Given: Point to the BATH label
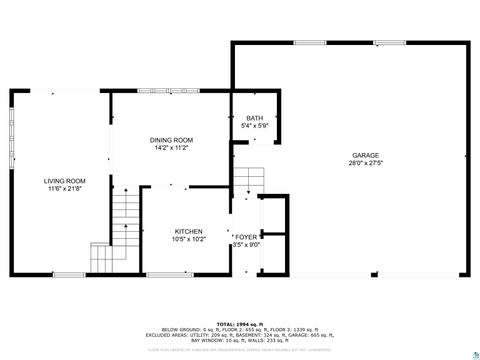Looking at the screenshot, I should [255, 118].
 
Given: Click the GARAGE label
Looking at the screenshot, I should [365, 155].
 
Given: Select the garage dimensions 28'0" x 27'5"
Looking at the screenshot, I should [365, 163].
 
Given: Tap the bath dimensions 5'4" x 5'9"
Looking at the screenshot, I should [255, 126].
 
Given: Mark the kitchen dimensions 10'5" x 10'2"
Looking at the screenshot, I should [188, 239].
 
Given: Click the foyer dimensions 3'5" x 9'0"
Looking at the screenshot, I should [246, 244].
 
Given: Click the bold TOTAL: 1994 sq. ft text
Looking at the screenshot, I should [240, 324].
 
